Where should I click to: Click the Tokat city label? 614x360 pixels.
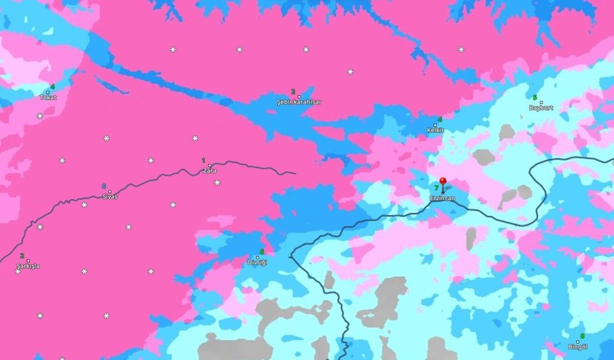click(48, 98)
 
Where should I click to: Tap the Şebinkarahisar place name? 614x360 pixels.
click(298, 102)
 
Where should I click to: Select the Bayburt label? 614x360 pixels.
click(541, 108)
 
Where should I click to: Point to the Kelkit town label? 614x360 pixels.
click(436, 130)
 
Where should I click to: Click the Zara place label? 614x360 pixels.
click(209, 171)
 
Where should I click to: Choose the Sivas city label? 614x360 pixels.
click(110, 196)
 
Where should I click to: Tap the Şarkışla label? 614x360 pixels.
click(29, 266)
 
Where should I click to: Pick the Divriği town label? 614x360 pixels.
click(257, 262)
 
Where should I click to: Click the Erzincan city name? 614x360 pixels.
click(443, 198)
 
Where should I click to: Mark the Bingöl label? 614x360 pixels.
click(577, 346)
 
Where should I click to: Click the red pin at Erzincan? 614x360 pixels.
click(443, 182)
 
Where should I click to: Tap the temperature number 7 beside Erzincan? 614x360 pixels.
click(436, 188)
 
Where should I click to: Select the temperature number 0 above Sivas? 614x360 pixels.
click(104, 186)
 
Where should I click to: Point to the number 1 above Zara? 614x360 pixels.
click(203, 161)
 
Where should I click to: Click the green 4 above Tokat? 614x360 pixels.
click(52, 87)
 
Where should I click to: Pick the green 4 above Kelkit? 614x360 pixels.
click(440, 119)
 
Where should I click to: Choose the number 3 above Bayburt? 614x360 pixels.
click(534, 97)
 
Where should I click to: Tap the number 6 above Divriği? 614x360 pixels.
click(262, 251)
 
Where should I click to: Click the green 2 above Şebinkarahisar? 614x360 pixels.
click(293, 91)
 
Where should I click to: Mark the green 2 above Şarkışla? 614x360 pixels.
click(22, 256)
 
